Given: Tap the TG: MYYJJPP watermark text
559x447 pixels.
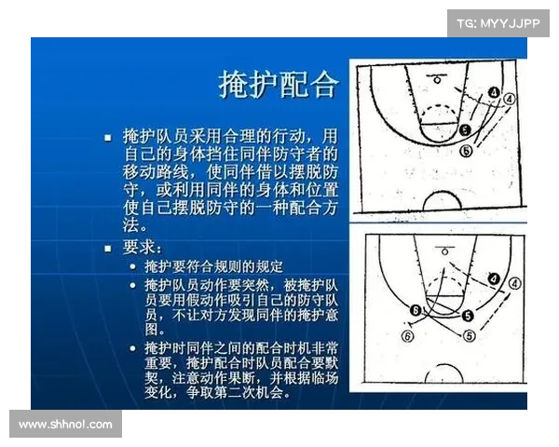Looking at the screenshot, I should (x=498, y=22).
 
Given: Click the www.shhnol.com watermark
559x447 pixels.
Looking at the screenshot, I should (x=65, y=424).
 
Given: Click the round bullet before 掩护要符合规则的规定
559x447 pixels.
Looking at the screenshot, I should (x=135, y=267).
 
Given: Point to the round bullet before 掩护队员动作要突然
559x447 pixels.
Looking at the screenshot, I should (x=135, y=286).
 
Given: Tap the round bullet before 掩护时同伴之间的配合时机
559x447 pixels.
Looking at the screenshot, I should (x=135, y=346).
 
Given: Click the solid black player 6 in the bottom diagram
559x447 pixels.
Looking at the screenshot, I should (x=416, y=310).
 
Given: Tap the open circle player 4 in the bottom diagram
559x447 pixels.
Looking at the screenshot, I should (x=514, y=281).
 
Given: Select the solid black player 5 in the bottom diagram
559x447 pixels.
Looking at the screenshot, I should (x=467, y=317).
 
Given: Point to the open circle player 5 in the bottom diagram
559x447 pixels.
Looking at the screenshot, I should (x=469, y=333).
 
